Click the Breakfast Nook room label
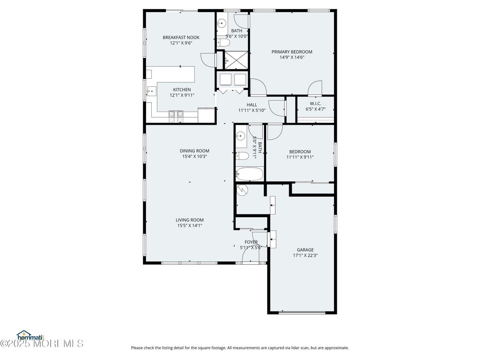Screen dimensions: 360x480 point(181,38)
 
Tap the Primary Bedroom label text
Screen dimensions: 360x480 point(292,52)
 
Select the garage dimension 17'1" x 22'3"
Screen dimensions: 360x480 point(305,256)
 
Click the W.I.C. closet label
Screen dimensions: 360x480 point(316,103)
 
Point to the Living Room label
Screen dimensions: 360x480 point(189,220)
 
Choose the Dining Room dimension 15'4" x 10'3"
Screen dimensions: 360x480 point(194,157)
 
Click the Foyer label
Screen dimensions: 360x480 point(251,242)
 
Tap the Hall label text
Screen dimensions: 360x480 point(252,105)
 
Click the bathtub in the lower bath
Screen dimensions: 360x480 point(249,174)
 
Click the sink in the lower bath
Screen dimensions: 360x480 point(240,136)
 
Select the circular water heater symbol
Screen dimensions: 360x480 point(242,190)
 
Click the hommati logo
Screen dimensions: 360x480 point(30,335)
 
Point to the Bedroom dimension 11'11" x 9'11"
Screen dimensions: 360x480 point(300,157)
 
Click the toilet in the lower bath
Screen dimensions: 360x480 point(242,156)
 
